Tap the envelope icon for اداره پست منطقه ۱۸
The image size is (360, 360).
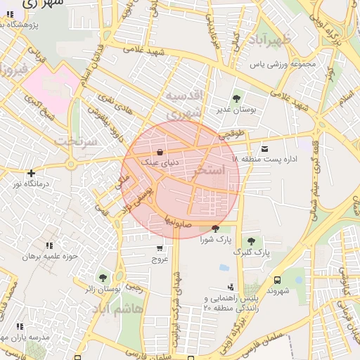tap(264, 148)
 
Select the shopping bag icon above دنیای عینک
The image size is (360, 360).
tap(160, 151)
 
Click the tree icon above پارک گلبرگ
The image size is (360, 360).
tap(251, 241)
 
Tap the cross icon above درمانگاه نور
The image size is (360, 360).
tap(30, 173)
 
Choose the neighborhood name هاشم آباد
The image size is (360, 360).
tap(117, 309)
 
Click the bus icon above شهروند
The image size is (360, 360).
tap(278, 280)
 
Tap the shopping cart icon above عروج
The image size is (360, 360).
tap(160, 248)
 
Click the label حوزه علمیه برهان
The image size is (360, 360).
tap(47, 257)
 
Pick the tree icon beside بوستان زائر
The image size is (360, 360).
tap(104, 278)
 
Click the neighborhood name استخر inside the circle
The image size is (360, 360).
tap(211, 170)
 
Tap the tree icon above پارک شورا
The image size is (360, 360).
tap(214, 229)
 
